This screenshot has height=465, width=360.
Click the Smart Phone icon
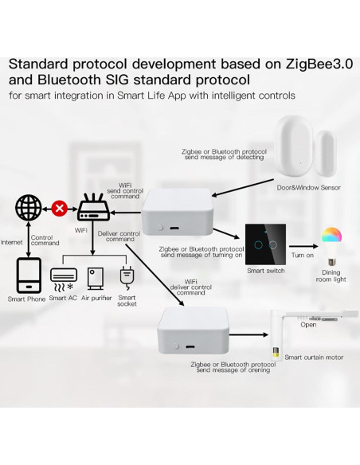(28, 275)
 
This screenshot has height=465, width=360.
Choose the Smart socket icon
(126, 276)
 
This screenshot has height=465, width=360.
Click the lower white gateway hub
(196, 331)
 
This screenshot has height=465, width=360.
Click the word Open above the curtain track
(308, 324)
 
